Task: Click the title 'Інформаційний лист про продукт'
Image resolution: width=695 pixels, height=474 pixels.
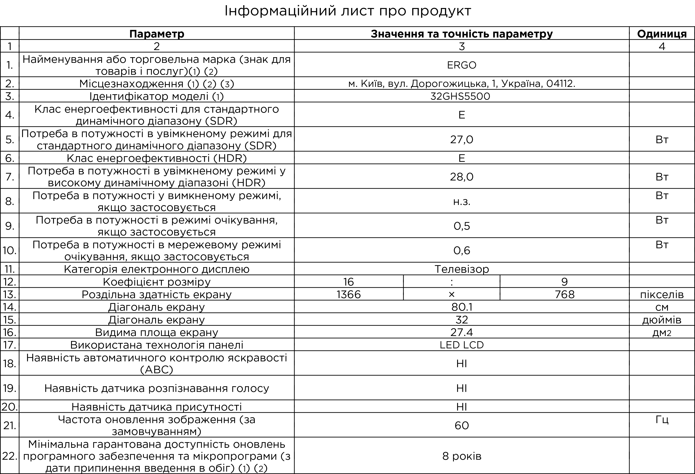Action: click(347, 11)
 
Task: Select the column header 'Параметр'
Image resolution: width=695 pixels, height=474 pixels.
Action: click(157, 34)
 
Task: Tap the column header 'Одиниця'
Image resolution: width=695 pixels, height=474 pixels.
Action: click(662, 34)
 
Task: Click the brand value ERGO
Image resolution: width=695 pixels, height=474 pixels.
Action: click(461, 65)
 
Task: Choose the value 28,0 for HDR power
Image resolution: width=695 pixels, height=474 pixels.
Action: click(461, 177)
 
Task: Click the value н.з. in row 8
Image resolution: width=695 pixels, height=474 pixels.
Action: click(461, 201)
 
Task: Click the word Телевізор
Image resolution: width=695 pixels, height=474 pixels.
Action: click(461, 269)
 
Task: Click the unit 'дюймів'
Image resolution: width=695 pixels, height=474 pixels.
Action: click(662, 320)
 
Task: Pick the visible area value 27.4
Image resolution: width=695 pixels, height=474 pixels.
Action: click(461, 333)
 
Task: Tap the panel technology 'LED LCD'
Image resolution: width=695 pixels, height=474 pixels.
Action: click(461, 345)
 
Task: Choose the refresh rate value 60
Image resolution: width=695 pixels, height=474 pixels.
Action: click(461, 425)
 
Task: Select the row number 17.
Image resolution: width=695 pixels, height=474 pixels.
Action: click(10, 345)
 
